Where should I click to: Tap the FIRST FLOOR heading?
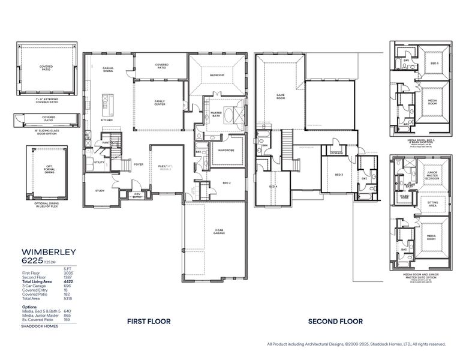[x=149, y=322]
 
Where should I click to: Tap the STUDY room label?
[x=100, y=191]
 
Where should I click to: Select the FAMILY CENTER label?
[x=160, y=103]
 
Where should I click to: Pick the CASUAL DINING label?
[x=109, y=70]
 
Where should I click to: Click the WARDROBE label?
[x=226, y=150]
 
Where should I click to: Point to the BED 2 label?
[x=227, y=182]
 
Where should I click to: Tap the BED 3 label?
[x=338, y=175]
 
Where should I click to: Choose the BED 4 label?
[x=273, y=187]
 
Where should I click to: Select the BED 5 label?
[x=434, y=63]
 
